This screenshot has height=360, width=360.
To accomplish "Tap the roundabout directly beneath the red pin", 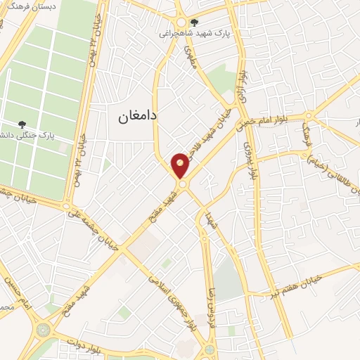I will [x=182, y=184].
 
